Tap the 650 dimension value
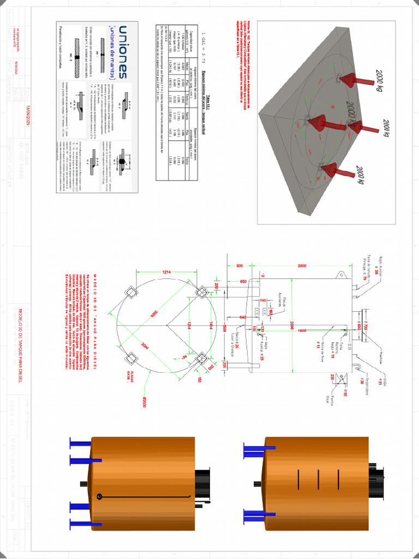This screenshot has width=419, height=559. [243, 281]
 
